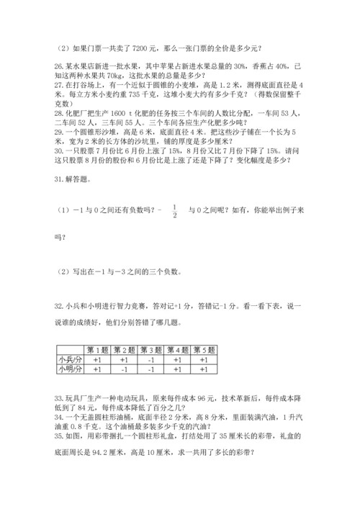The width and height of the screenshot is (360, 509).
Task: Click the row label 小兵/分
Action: [x=70, y=359]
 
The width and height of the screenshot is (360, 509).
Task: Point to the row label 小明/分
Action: [x=70, y=369]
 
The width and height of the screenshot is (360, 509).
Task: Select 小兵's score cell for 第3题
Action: [x=151, y=359]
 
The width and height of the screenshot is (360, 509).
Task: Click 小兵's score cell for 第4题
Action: [x=179, y=359]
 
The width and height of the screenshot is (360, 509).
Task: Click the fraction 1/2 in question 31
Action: [x=174, y=213]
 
